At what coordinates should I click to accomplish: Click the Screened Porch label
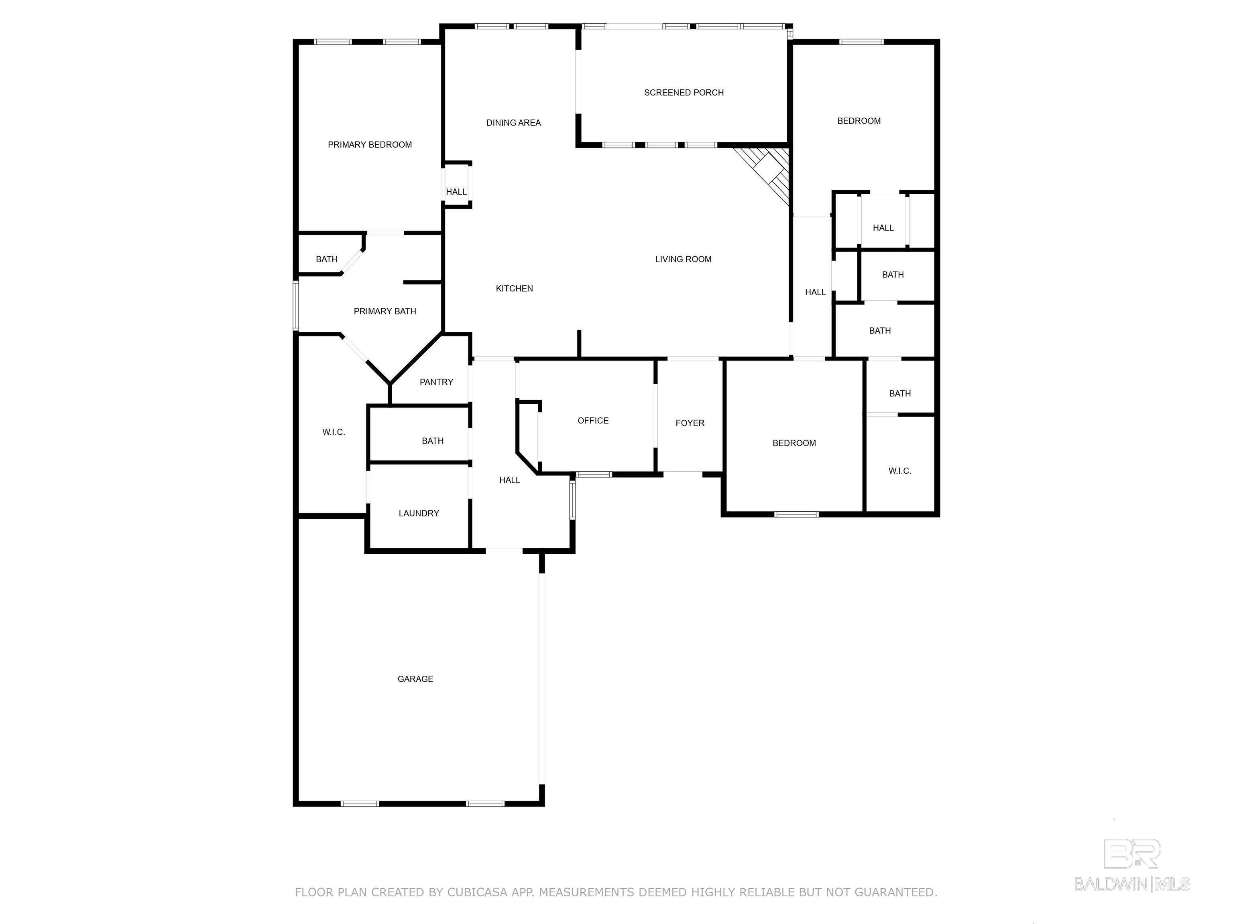click(x=684, y=93)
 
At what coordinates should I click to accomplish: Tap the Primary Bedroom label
click(x=370, y=145)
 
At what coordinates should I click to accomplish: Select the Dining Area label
click(x=513, y=123)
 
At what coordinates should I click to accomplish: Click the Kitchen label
click(x=514, y=288)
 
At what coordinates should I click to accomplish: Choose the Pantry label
click(x=436, y=382)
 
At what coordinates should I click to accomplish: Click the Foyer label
click(x=690, y=423)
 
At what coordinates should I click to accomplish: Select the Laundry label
click(x=419, y=513)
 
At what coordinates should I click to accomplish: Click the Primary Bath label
click(x=385, y=311)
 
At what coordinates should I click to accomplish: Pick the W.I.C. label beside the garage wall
click(x=333, y=432)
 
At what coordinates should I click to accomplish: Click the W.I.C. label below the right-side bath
click(x=900, y=471)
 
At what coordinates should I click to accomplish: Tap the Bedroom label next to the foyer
click(x=794, y=443)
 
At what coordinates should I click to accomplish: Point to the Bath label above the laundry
click(x=433, y=441)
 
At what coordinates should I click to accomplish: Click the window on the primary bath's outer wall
click(x=296, y=306)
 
